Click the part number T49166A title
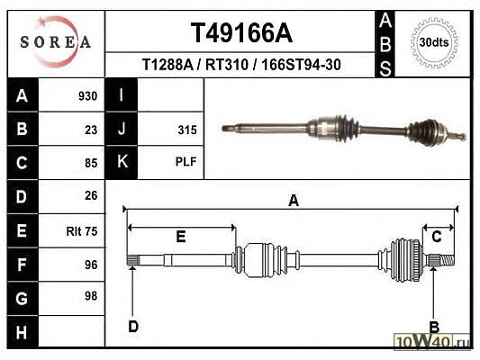coord(241,33)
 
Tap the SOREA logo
coord(56,41)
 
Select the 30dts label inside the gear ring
coord(434,42)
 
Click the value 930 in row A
coord(88,96)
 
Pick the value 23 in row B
coord(91,130)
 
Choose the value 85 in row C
coord(91,163)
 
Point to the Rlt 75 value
coord(82,231)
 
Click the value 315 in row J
coord(187,130)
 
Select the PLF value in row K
coord(186,161)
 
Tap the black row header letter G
coord(22,299)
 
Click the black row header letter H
coord(22,332)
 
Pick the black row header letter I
coord(122,94)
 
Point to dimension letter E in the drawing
coord(181,237)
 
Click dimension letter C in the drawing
coord(437,237)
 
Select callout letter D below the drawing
coord(133,327)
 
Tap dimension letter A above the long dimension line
coord(294,201)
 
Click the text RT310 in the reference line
coord(227,65)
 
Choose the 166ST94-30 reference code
coord(301,65)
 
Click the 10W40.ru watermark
coord(432,341)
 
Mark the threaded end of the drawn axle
coord(447,260)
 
